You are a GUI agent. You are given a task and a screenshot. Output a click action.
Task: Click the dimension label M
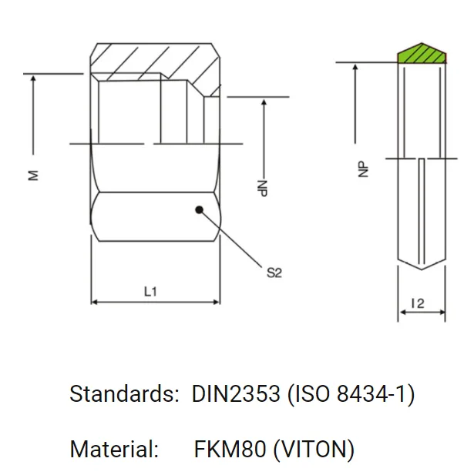[x=33, y=175]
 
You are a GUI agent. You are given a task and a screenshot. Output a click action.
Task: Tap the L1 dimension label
[x=152, y=291]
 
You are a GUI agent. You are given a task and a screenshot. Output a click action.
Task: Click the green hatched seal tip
[x=422, y=54]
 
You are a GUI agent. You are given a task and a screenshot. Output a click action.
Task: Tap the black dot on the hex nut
[x=199, y=209]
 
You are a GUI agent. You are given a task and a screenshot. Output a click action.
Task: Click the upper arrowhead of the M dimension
[x=33, y=79]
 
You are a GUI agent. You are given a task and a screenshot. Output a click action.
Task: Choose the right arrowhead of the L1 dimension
[x=217, y=302]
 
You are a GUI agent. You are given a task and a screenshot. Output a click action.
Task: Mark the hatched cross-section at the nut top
[x=154, y=60]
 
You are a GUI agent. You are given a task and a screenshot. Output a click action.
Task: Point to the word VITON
[x=314, y=449]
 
